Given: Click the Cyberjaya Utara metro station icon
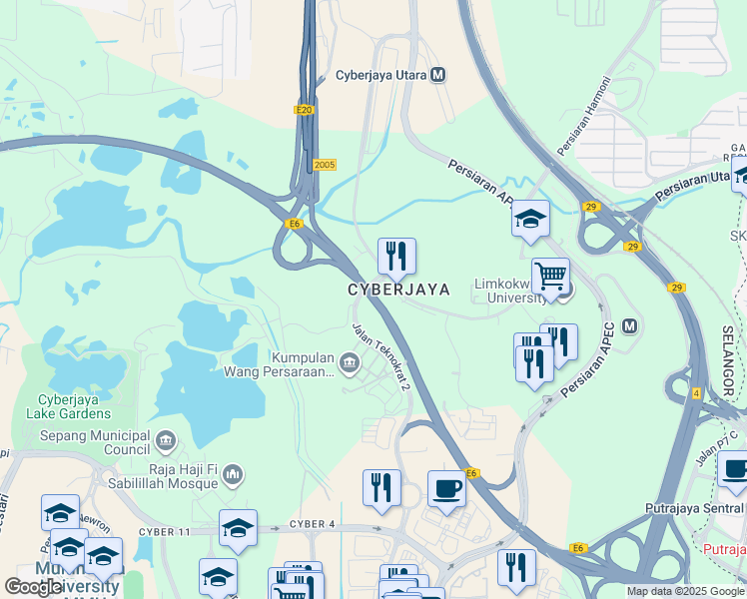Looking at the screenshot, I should [439, 75].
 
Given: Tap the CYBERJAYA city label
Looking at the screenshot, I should [398, 290].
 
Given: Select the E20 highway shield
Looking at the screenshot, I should [305, 110].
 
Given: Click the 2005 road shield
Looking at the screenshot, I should [324, 165].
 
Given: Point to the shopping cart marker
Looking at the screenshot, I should [550, 277].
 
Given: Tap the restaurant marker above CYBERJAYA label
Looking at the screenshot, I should [396, 259].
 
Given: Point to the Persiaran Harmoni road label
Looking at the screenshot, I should [582, 131].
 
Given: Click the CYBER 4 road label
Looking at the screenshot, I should [313, 524].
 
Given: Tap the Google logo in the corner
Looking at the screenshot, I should [33, 587].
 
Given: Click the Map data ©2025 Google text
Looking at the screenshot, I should [686, 591].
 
